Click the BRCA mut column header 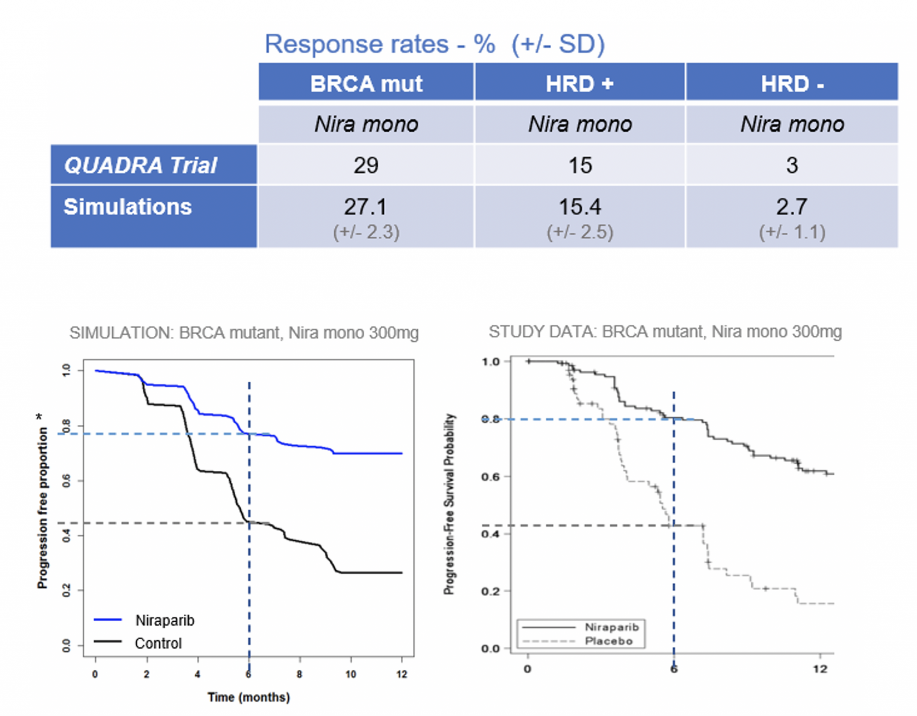coord(366,84)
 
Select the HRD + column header coord(579,84)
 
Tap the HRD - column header coord(792,84)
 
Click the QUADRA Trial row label coord(140,165)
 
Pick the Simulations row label coord(128,206)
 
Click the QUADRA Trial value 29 coord(366,165)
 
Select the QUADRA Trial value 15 coord(580,165)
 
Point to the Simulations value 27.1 coord(365,207)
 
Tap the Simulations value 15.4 coord(580,207)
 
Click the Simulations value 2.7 coord(792,207)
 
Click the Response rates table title coord(435,44)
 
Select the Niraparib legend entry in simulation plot coord(165,621)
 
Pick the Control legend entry coord(158,643)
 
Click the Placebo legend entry coord(608,641)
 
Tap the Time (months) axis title coord(248,697)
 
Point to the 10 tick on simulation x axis coord(350,674)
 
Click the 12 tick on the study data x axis coord(820,669)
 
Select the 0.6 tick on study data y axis coord(491,477)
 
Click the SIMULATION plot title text coord(244,333)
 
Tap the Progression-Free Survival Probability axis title coord(450,504)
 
